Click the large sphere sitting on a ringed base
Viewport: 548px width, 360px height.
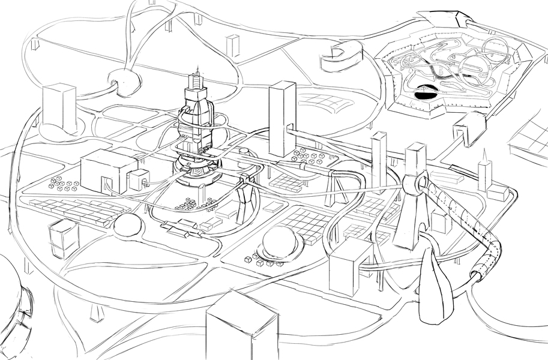pos(281,242)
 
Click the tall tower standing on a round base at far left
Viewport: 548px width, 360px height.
pos(59,108)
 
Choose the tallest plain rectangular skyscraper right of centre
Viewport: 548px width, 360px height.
pos(282,118)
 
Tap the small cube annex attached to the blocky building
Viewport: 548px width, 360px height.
pos(139,178)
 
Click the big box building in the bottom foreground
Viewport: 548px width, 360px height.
pos(241,327)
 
